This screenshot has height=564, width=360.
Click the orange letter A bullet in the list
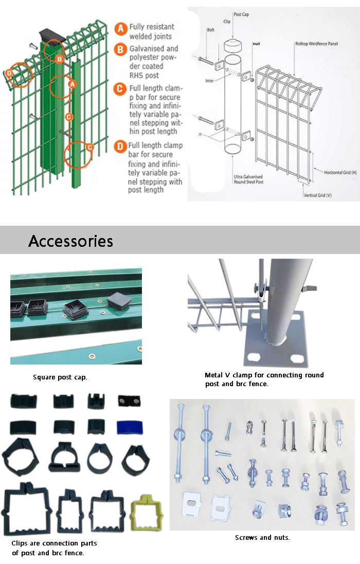(120, 29)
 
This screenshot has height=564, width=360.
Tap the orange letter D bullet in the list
(120, 147)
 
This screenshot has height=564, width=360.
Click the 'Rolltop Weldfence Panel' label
(316, 44)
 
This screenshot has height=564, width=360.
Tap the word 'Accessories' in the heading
(70, 241)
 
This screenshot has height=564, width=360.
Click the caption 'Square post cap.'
(60, 377)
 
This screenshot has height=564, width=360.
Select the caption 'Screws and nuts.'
(262, 538)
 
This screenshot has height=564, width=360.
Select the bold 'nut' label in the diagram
(256, 44)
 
